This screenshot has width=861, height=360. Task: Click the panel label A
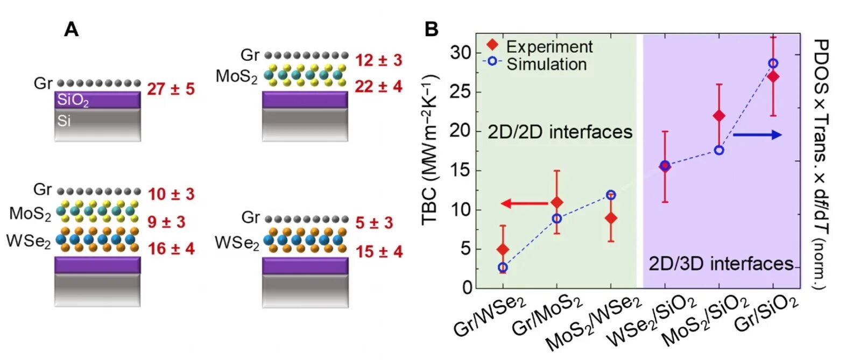click(71, 29)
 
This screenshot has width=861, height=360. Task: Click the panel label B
click(431, 29)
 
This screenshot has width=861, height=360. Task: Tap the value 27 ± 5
click(171, 89)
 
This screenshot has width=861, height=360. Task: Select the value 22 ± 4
click(378, 86)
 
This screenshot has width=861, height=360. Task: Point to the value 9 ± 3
click(166, 221)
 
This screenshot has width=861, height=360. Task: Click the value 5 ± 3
click(374, 222)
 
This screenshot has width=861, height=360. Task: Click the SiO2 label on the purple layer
click(73, 100)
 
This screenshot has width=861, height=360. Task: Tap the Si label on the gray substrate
click(64, 121)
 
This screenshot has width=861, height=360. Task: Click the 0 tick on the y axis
click(467, 287)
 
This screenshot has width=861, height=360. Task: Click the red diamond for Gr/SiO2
click(773, 76)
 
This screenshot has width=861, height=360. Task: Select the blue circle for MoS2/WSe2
click(611, 195)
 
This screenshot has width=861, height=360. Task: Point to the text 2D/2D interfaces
click(560, 132)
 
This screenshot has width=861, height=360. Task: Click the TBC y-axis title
click(430, 150)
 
